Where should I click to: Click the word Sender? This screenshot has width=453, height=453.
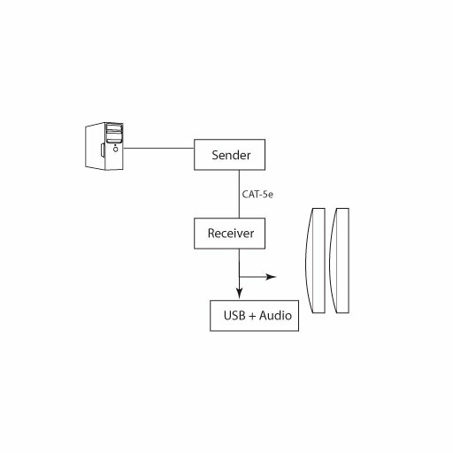click(231, 155)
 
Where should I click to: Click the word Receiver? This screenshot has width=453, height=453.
click(231, 234)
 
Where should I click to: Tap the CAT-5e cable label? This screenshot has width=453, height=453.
click(257, 195)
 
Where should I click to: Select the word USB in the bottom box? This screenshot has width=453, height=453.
click(234, 315)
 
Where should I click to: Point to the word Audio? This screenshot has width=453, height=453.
click(275, 315)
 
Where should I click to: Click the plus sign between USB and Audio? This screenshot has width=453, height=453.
click(252, 316)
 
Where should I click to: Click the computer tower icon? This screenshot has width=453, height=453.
click(104, 146)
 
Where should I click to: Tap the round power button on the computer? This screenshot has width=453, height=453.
click(116, 150)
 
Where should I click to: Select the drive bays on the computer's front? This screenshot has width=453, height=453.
click(114, 134)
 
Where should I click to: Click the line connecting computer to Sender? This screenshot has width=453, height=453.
click(158, 148)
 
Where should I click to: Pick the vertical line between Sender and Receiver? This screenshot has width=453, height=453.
click(239, 194)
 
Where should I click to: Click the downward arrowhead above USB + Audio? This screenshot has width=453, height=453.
click(240, 293)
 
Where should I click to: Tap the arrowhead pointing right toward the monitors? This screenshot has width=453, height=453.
click(271, 277)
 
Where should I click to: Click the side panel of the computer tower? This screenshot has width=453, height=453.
click(95, 146)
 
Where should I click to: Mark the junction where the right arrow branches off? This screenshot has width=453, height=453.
click(240, 277)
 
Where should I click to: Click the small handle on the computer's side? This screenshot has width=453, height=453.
click(102, 150)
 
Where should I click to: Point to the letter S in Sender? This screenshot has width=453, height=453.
click(215, 155)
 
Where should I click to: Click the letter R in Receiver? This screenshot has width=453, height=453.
click(211, 234)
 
